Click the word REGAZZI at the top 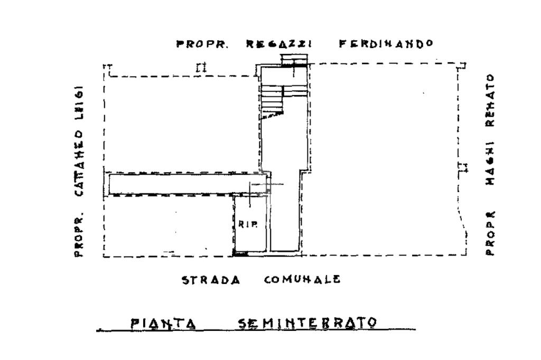click(279, 44)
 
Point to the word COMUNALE click(302, 280)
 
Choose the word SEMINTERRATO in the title click(307, 323)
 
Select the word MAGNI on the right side click(490, 163)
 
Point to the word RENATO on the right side click(490, 100)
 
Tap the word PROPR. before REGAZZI click(202, 44)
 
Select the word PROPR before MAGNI click(490, 233)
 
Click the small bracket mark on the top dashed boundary click(201, 68)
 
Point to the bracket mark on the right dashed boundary click(463, 168)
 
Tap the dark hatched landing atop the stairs click(294, 61)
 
